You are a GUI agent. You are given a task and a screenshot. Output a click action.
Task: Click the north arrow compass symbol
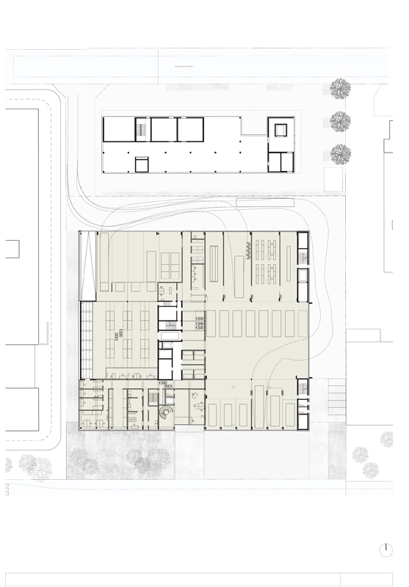[x=386, y=550]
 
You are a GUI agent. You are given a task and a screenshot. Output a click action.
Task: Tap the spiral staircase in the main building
[x=166, y=414]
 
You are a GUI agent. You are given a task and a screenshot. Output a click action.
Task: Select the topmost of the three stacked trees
[x=340, y=90]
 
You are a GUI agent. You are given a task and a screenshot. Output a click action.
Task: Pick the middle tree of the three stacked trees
[x=340, y=121]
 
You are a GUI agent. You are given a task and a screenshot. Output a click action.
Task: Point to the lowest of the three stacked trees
[x=340, y=154]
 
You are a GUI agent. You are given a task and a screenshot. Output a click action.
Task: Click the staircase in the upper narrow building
[x=140, y=130]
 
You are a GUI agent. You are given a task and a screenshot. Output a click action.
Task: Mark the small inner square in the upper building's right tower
[x=280, y=130]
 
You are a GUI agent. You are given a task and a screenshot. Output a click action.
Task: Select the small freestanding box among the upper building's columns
[x=141, y=164]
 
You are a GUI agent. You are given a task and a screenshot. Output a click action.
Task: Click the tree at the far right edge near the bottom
[x=387, y=439]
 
